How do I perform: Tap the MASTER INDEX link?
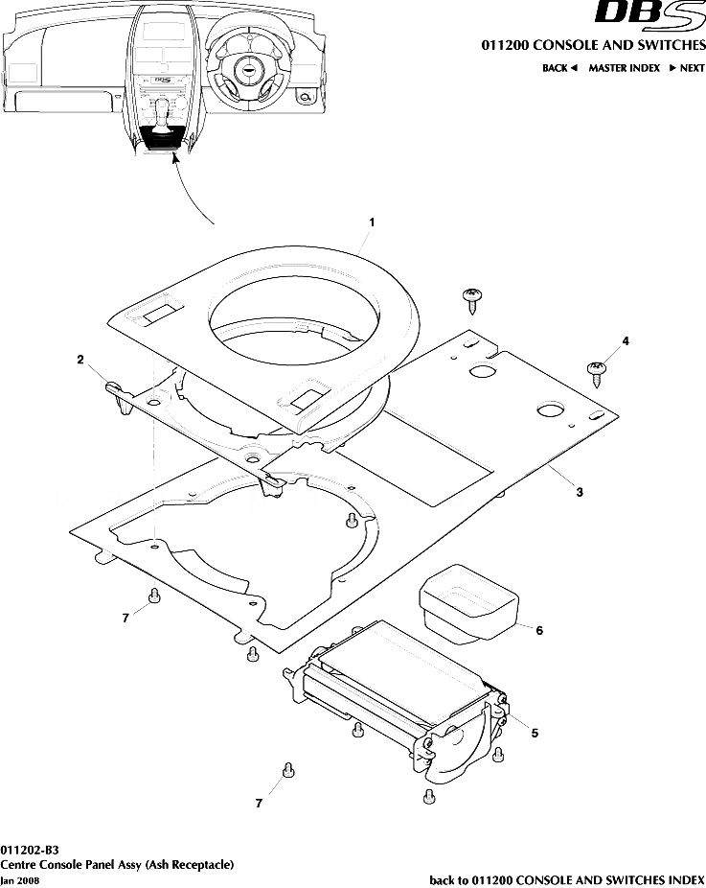tap(624, 68)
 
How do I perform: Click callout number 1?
tap(372, 222)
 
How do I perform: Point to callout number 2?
tap(81, 360)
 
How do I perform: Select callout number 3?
tap(580, 492)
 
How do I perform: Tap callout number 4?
tap(626, 340)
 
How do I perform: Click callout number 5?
tap(535, 734)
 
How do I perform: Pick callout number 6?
tap(539, 631)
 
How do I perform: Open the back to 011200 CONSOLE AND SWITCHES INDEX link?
tap(567, 879)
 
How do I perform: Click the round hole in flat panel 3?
tap(550, 409)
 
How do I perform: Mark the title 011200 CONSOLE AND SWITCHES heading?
tap(592, 45)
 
